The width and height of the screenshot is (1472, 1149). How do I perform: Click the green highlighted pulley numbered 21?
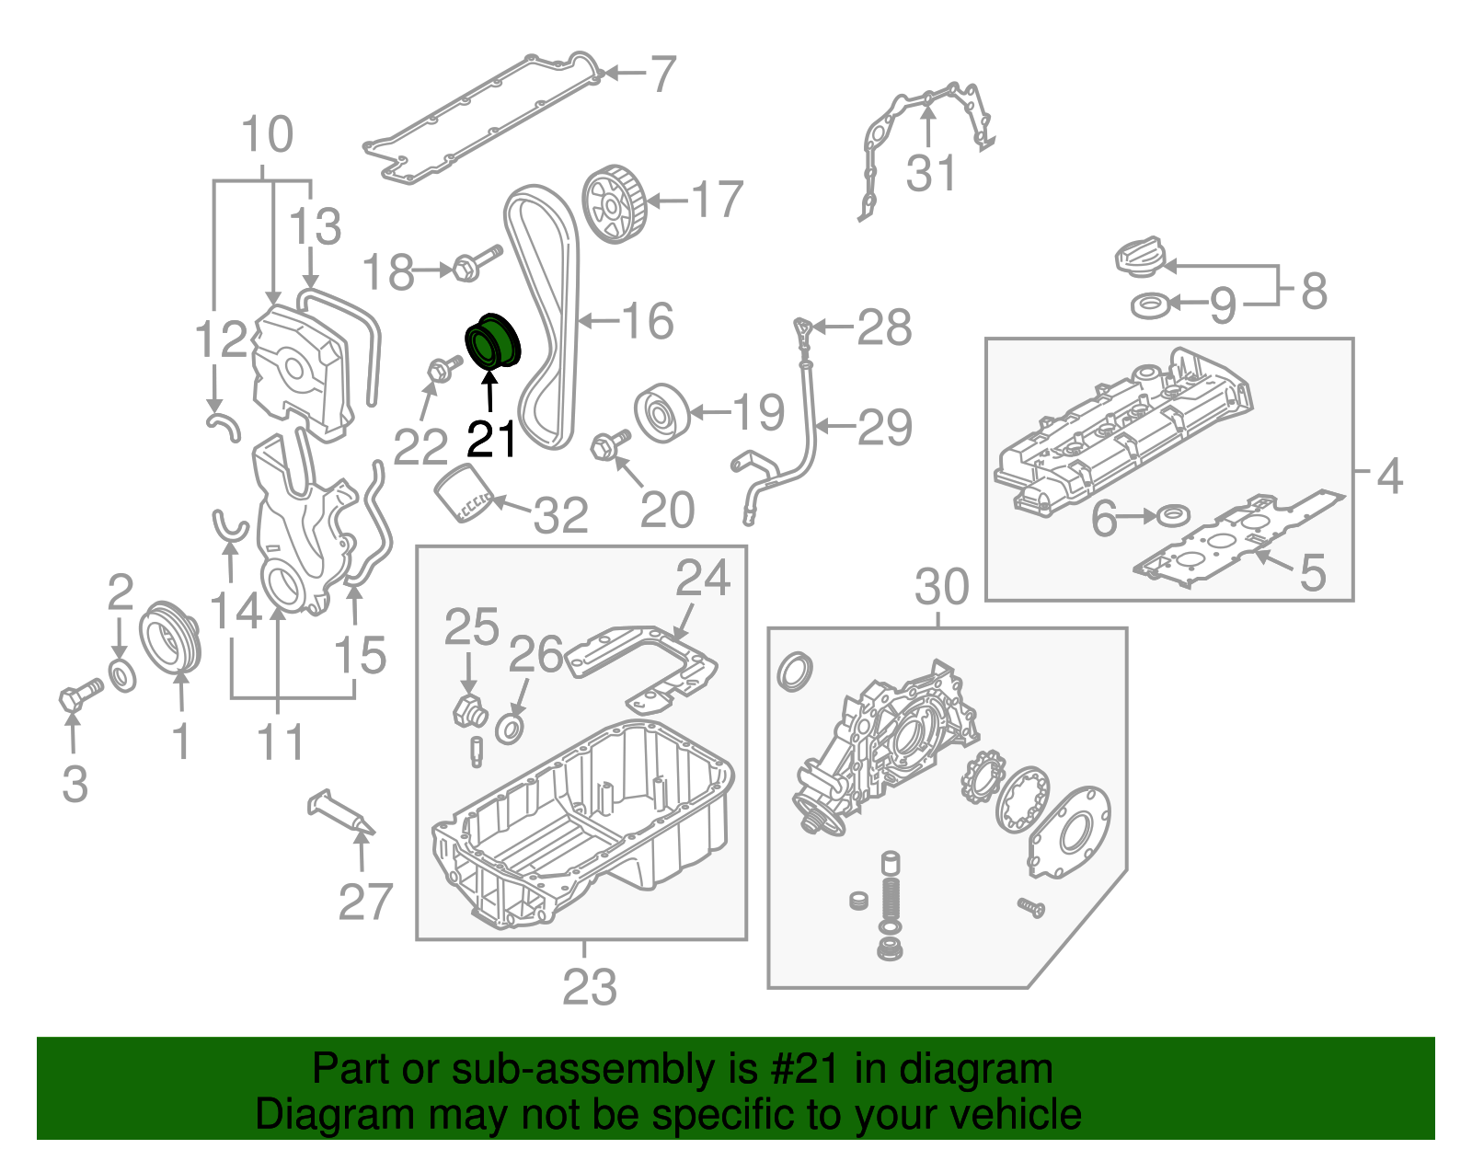tap(492, 342)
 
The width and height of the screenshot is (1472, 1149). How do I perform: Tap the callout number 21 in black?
tap(491, 440)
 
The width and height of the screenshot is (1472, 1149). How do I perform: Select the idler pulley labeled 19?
tap(661, 412)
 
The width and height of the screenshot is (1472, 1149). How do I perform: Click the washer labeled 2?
tap(121, 675)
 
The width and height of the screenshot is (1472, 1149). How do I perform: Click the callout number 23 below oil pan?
tap(589, 988)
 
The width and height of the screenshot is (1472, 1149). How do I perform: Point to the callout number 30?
tap(941, 587)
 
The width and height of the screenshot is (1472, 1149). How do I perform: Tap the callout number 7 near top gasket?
tap(662, 75)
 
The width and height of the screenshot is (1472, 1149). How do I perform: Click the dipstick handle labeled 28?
tap(803, 328)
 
